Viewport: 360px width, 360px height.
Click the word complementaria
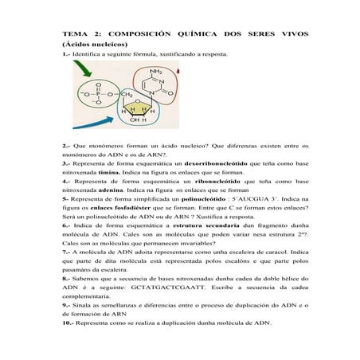[x=94, y=295]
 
